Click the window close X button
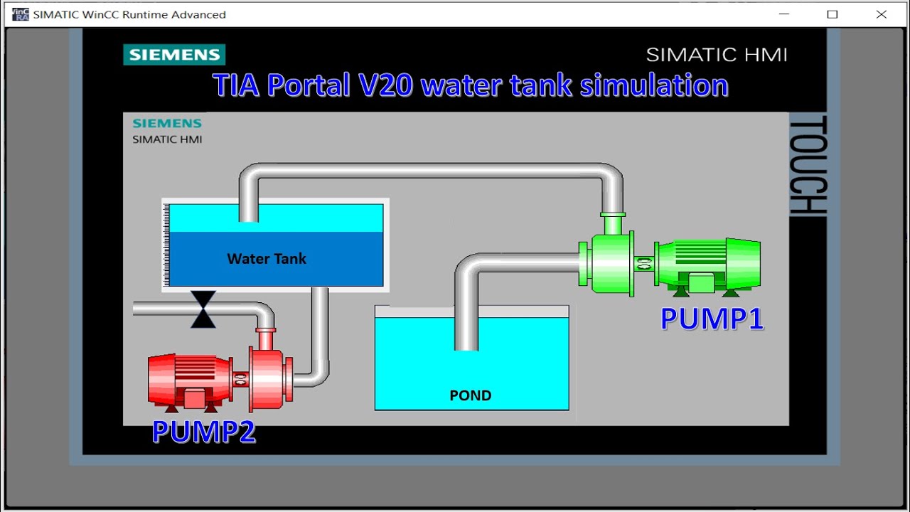881,14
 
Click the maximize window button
832,14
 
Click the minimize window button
784,14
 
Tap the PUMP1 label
712,318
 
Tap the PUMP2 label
203,432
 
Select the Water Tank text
267,258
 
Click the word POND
470,395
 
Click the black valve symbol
203,309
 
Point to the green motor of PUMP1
707,265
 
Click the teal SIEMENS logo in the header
174,55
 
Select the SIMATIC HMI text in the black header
716,55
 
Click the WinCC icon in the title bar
21,14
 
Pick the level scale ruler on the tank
166,245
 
